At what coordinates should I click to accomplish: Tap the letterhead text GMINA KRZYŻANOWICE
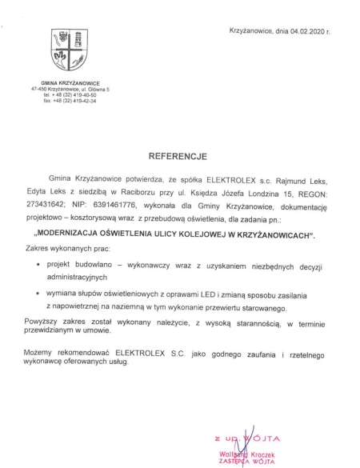(x=70, y=84)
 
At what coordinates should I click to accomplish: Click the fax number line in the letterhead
(x=70, y=102)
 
